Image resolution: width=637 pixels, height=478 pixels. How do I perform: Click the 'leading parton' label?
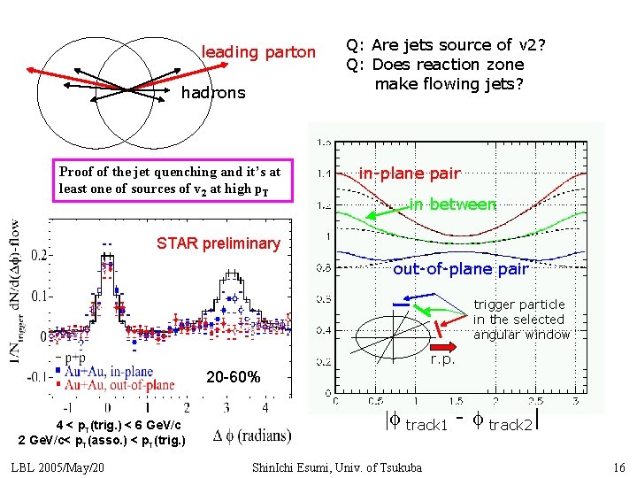pos(257,52)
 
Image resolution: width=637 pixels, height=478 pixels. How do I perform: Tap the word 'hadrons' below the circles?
pos(213,93)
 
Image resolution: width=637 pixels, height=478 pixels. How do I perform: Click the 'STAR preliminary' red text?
pos(218,243)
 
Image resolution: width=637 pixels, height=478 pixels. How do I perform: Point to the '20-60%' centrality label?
pos(233,377)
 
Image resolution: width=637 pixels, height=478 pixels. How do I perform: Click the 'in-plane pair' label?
pos(409,173)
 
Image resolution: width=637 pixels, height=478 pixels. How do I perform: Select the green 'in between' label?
pos(452,205)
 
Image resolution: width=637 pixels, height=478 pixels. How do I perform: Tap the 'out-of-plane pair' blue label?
pos(460,269)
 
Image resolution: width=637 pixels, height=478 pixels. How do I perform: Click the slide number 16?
pos(618,467)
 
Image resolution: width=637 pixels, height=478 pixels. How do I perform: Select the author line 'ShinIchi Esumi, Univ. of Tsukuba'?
pos(337,467)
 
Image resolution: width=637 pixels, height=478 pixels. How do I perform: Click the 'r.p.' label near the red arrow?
pos(442,360)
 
